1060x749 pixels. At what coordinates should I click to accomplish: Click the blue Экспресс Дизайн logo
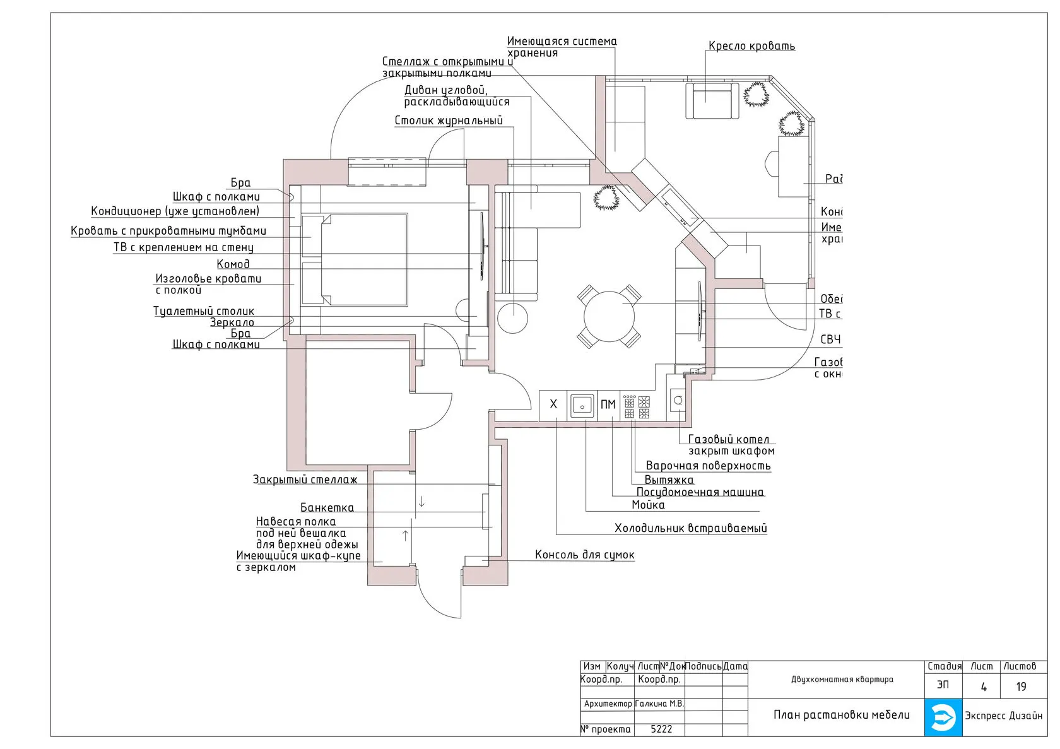coord(943,717)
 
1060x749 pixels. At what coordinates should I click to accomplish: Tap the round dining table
coord(609,316)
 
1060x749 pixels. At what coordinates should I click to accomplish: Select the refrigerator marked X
coord(553,404)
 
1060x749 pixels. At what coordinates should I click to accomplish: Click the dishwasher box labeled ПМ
coord(608,404)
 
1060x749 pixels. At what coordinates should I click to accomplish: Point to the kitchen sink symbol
coord(582,405)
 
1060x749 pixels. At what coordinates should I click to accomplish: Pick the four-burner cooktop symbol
coord(637,407)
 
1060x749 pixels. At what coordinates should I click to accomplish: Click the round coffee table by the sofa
coord(512,317)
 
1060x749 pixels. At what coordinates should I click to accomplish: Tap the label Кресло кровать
coord(751,46)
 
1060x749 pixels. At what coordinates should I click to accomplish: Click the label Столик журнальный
coord(449,121)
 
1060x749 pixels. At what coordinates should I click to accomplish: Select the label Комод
coord(233,264)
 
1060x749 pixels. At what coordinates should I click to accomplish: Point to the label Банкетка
coord(327,508)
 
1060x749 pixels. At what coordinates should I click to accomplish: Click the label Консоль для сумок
coord(584,555)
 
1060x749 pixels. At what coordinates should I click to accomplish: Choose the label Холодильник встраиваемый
coord(690,528)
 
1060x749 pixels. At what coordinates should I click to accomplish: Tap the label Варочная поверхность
coord(708,466)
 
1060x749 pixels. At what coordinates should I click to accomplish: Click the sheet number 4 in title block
coord(983,687)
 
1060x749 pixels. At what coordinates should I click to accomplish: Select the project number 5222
coord(661,729)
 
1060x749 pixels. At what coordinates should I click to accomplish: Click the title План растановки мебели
coord(842,715)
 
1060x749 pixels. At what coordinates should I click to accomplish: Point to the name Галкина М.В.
coord(659,704)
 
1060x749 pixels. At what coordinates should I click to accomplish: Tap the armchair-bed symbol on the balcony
coord(712,100)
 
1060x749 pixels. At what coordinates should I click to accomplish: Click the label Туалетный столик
coord(204,311)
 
